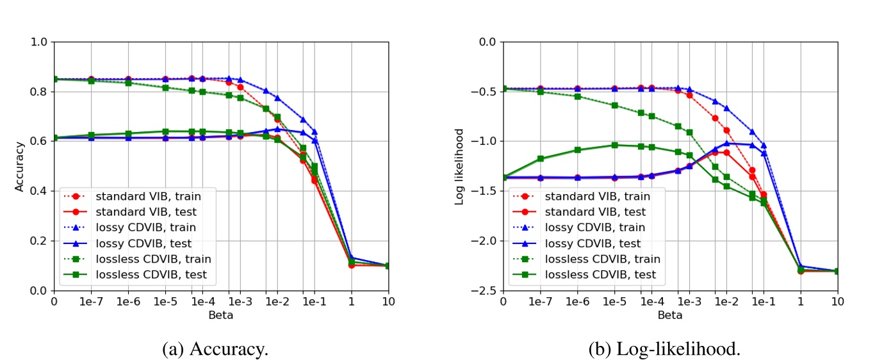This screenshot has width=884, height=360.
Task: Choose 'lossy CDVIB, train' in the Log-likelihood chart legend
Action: (600, 227)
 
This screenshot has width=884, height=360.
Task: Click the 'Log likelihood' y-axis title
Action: (459, 166)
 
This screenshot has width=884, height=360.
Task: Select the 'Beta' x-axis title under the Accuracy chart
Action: (220, 315)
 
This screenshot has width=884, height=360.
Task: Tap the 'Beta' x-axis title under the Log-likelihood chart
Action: (669, 315)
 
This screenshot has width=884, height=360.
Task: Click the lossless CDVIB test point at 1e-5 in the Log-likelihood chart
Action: (614, 145)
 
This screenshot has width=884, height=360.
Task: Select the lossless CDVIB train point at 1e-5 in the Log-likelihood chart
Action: (614, 105)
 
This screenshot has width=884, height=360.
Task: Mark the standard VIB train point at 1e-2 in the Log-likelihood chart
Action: (726, 130)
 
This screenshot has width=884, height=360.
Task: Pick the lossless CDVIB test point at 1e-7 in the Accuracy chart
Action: (91, 135)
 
